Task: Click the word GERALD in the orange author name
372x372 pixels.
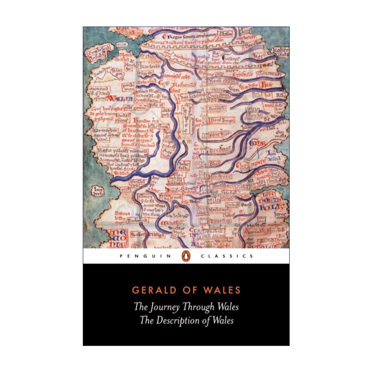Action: click(x=150, y=291)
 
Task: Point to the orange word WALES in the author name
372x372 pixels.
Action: click(x=223, y=291)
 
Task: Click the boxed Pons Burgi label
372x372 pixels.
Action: click(x=222, y=120)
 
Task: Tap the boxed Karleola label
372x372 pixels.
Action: click(x=149, y=65)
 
